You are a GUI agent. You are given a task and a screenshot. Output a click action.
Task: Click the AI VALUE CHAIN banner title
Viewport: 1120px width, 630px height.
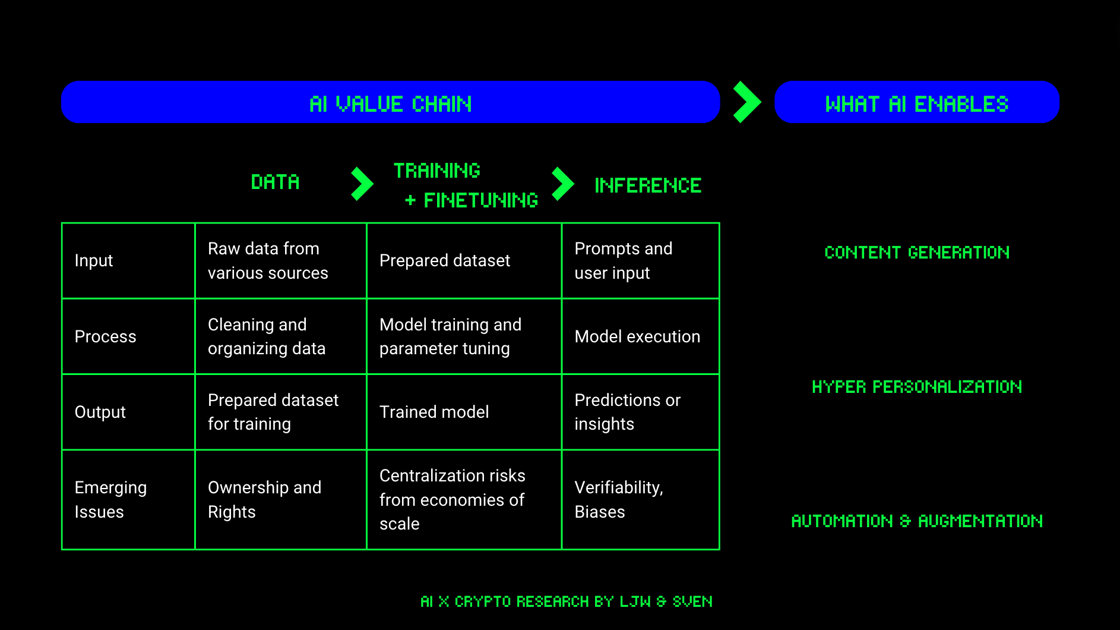(x=390, y=104)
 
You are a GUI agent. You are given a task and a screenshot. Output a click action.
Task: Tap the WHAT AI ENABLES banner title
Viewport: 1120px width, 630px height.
(x=916, y=104)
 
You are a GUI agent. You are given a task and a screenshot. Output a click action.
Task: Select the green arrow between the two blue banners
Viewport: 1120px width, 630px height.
(x=746, y=102)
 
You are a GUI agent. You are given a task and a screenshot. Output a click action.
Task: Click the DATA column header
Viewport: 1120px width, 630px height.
(x=275, y=182)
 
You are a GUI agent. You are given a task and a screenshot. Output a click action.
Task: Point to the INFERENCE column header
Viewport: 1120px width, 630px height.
(x=648, y=185)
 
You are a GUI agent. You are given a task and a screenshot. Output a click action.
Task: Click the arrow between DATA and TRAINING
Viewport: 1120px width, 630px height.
(x=362, y=184)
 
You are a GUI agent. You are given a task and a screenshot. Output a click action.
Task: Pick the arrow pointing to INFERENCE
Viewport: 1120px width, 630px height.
(x=562, y=184)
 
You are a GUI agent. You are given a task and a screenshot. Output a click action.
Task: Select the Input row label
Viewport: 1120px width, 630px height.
(x=94, y=260)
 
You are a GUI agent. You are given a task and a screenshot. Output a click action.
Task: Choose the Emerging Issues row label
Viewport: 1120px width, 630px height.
(x=110, y=499)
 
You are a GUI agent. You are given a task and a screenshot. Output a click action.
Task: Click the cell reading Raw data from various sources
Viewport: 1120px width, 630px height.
(x=268, y=260)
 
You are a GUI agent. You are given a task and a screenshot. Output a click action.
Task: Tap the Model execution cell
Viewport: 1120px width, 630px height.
(x=637, y=336)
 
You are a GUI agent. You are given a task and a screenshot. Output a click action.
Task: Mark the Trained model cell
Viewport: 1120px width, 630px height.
(x=434, y=412)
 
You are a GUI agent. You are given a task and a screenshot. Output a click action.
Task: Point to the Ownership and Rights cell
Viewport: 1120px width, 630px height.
(x=264, y=499)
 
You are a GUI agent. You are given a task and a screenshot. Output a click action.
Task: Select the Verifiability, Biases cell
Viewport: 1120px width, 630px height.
(x=619, y=499)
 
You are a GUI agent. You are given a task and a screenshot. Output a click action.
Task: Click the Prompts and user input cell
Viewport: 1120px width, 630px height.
(x=624, y=260)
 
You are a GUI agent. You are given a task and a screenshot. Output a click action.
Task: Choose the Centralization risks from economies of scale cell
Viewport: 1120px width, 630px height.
(x=452, y=499)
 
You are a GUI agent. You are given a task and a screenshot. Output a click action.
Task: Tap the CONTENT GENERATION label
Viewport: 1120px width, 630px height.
(x=916, y=253)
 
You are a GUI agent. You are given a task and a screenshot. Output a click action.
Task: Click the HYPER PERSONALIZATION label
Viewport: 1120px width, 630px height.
(x=916, y=387)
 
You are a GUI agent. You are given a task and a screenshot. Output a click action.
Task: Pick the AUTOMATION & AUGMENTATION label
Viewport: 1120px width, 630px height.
(x=916, y=521)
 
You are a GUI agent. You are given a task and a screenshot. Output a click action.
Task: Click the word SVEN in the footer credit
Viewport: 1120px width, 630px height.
(x=692, y=601)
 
